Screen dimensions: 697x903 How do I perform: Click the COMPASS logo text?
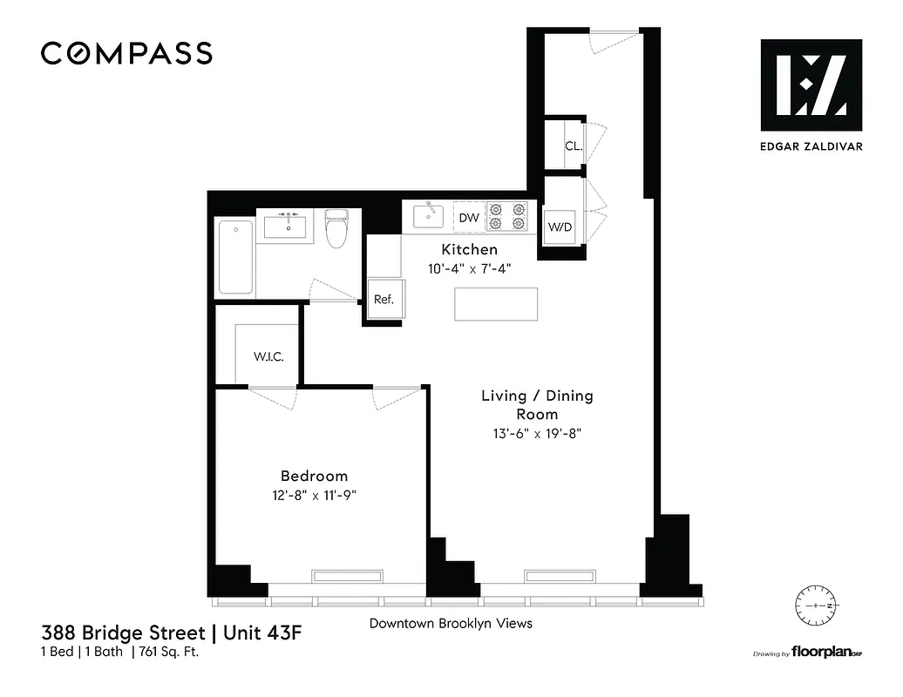click(x=126, y=53)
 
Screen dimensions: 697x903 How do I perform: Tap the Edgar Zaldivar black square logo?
click(x=811, y=85)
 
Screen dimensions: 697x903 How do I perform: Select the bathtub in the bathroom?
click(x=234, y=257)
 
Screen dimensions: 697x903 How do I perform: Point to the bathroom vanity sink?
click(x=286, y=226)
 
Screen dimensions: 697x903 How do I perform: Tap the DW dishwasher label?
click(x=469, y=218)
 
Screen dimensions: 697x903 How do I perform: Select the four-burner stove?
click(x=507, y=216)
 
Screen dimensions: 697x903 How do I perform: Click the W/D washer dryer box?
click(x=560, y=227)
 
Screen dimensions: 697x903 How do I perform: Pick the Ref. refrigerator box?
click(x=384, y=300)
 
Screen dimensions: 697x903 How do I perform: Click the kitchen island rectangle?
click(x=495, y=303)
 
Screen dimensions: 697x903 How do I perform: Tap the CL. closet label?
click(x=574, y=146)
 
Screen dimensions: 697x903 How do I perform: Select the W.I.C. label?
click(x=268, y=357)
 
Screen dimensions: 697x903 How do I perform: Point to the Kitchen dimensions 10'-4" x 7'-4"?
click(x=469, y=269)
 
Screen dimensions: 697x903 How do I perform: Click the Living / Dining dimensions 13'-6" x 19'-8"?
click(x=537, y=433)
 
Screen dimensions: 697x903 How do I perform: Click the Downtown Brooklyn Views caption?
click(x=451, y=623)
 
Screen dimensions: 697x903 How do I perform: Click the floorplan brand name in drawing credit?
click(x=820, y=653)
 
